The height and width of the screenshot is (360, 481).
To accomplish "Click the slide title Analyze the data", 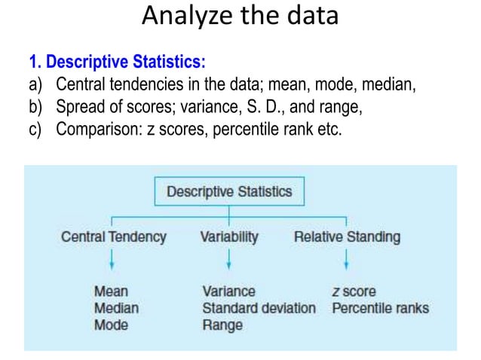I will coord(240,17).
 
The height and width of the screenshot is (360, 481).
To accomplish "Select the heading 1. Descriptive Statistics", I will coord(117,61).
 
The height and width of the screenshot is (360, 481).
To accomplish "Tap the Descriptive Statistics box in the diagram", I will coord(228,191).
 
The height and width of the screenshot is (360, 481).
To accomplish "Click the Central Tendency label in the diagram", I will coord(113,236).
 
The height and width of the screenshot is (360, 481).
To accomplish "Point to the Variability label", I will coord(229,236).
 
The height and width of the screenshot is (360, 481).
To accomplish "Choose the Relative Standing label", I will coord(347,236).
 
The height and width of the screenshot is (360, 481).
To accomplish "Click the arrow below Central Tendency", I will coord(112,261).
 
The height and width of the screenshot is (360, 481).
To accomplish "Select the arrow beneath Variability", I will coord(229,261).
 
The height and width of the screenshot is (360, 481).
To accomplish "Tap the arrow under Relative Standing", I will coord(346,261).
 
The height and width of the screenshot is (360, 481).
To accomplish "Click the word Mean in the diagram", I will coord(111,291).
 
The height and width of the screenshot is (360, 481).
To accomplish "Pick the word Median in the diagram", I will coord(116,308).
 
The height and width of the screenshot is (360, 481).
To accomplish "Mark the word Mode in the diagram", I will coord(111,325).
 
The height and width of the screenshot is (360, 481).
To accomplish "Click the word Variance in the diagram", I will coord(228,291).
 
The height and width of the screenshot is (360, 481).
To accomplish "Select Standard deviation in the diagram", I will coord(259,308).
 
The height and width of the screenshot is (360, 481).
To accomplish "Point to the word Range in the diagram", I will coord(222,325).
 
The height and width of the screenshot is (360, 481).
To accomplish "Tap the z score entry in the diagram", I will coord(354,291).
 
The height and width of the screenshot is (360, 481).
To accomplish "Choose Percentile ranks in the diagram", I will coord(380,308).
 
